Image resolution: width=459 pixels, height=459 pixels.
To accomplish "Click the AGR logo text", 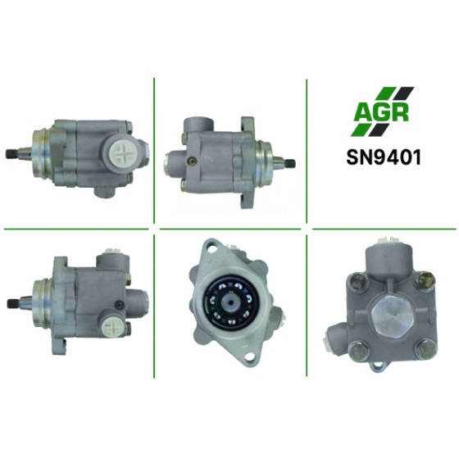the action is coord(380,111).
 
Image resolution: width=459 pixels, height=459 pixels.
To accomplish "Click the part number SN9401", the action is coord(384,157).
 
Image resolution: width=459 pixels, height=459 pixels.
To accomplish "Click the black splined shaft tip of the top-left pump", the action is coord(11,154).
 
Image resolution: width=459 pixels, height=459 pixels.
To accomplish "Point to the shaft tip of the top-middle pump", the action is coord(291,163).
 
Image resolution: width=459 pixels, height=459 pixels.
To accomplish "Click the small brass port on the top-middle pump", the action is coord(192,160).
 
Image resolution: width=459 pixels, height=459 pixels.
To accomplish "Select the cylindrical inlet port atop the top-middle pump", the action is coord(198,125).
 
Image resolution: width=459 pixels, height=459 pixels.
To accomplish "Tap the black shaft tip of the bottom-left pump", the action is coord(12,304).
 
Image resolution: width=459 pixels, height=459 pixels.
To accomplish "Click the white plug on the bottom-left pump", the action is coord(110,326).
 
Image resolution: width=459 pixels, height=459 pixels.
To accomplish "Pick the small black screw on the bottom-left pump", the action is coord(119,305).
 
